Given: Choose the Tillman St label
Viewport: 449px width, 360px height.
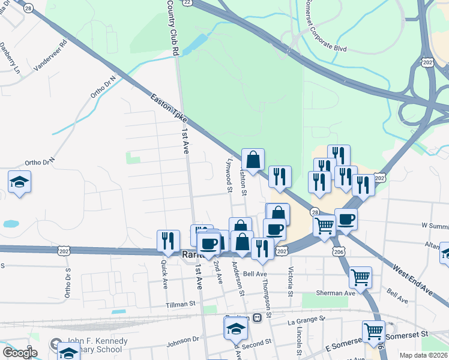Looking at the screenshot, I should pyautogui.click(x=181, y=305).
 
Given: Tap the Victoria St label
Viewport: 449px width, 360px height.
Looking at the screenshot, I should pyautogui.click(x=291, y=281).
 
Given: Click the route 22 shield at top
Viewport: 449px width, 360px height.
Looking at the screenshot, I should pyautogui.click(x=188, y=2).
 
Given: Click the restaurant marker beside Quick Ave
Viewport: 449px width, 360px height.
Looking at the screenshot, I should pyautogui.click(x=168, y=240).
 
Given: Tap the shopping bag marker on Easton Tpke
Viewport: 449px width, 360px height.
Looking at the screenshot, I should pyautogui.click(x=253, y=160).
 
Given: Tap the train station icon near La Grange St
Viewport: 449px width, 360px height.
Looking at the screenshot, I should pyautogui.click(x=256, y=318).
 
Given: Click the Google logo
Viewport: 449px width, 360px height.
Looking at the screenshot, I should pyautogui.click(x=19, y=353).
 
